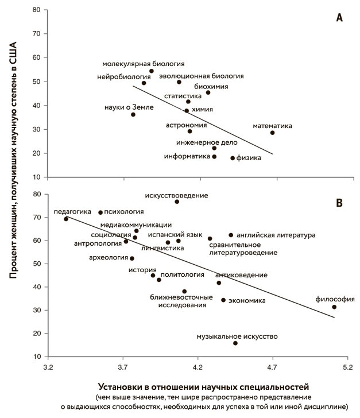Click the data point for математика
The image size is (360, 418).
[272, 133]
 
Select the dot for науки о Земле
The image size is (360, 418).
[133, 114]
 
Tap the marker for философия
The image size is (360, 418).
[334, 307]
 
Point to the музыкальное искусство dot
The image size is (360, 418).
[235, 343]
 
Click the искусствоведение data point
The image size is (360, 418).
[177, 202]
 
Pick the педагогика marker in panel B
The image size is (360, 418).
[66, 219]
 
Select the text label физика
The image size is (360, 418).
[250, 158]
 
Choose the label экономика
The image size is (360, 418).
[247, 300]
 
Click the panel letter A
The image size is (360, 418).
[339, 18]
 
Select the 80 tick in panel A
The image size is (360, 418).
[37, 10]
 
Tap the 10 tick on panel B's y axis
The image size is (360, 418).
[37, 357]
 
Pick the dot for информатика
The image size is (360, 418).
[214, 156]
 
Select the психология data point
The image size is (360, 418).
[100, 212]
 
